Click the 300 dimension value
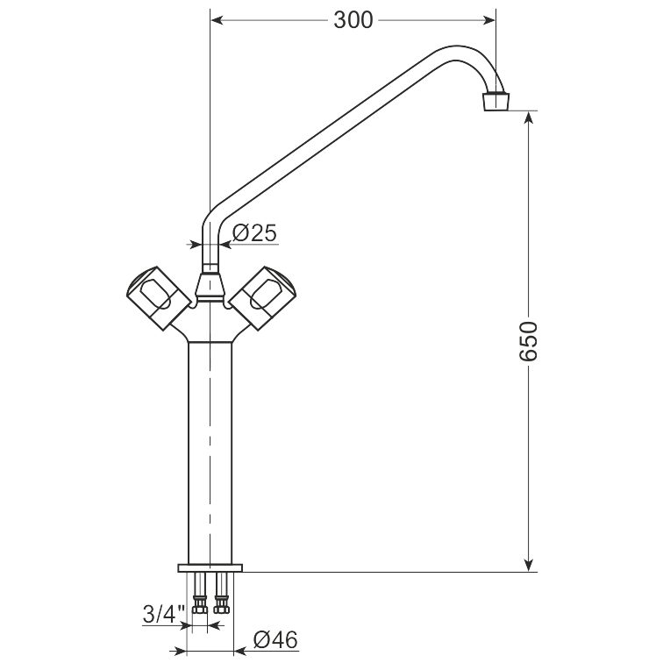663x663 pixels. (x=353, y=20)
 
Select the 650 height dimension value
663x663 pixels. (x=528, y=341)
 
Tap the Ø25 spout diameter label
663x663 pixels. (x=254, y=232)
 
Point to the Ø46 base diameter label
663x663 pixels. (x=275, y=639)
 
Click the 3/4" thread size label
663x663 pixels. (x=164, y=614)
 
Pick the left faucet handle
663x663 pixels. (x=158, y=297)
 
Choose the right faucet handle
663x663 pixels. (x=263, y=297)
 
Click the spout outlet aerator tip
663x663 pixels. (x=496, y=101)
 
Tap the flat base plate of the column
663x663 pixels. (x=210, y=568)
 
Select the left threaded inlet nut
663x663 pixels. (x=200, y=604)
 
